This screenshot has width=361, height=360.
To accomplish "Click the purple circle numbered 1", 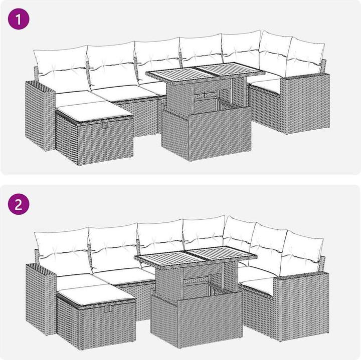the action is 19,19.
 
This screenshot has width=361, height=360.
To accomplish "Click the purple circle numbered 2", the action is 19,204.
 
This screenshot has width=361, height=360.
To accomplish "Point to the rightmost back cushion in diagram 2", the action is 301,253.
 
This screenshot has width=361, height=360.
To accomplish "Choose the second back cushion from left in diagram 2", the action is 114,248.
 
